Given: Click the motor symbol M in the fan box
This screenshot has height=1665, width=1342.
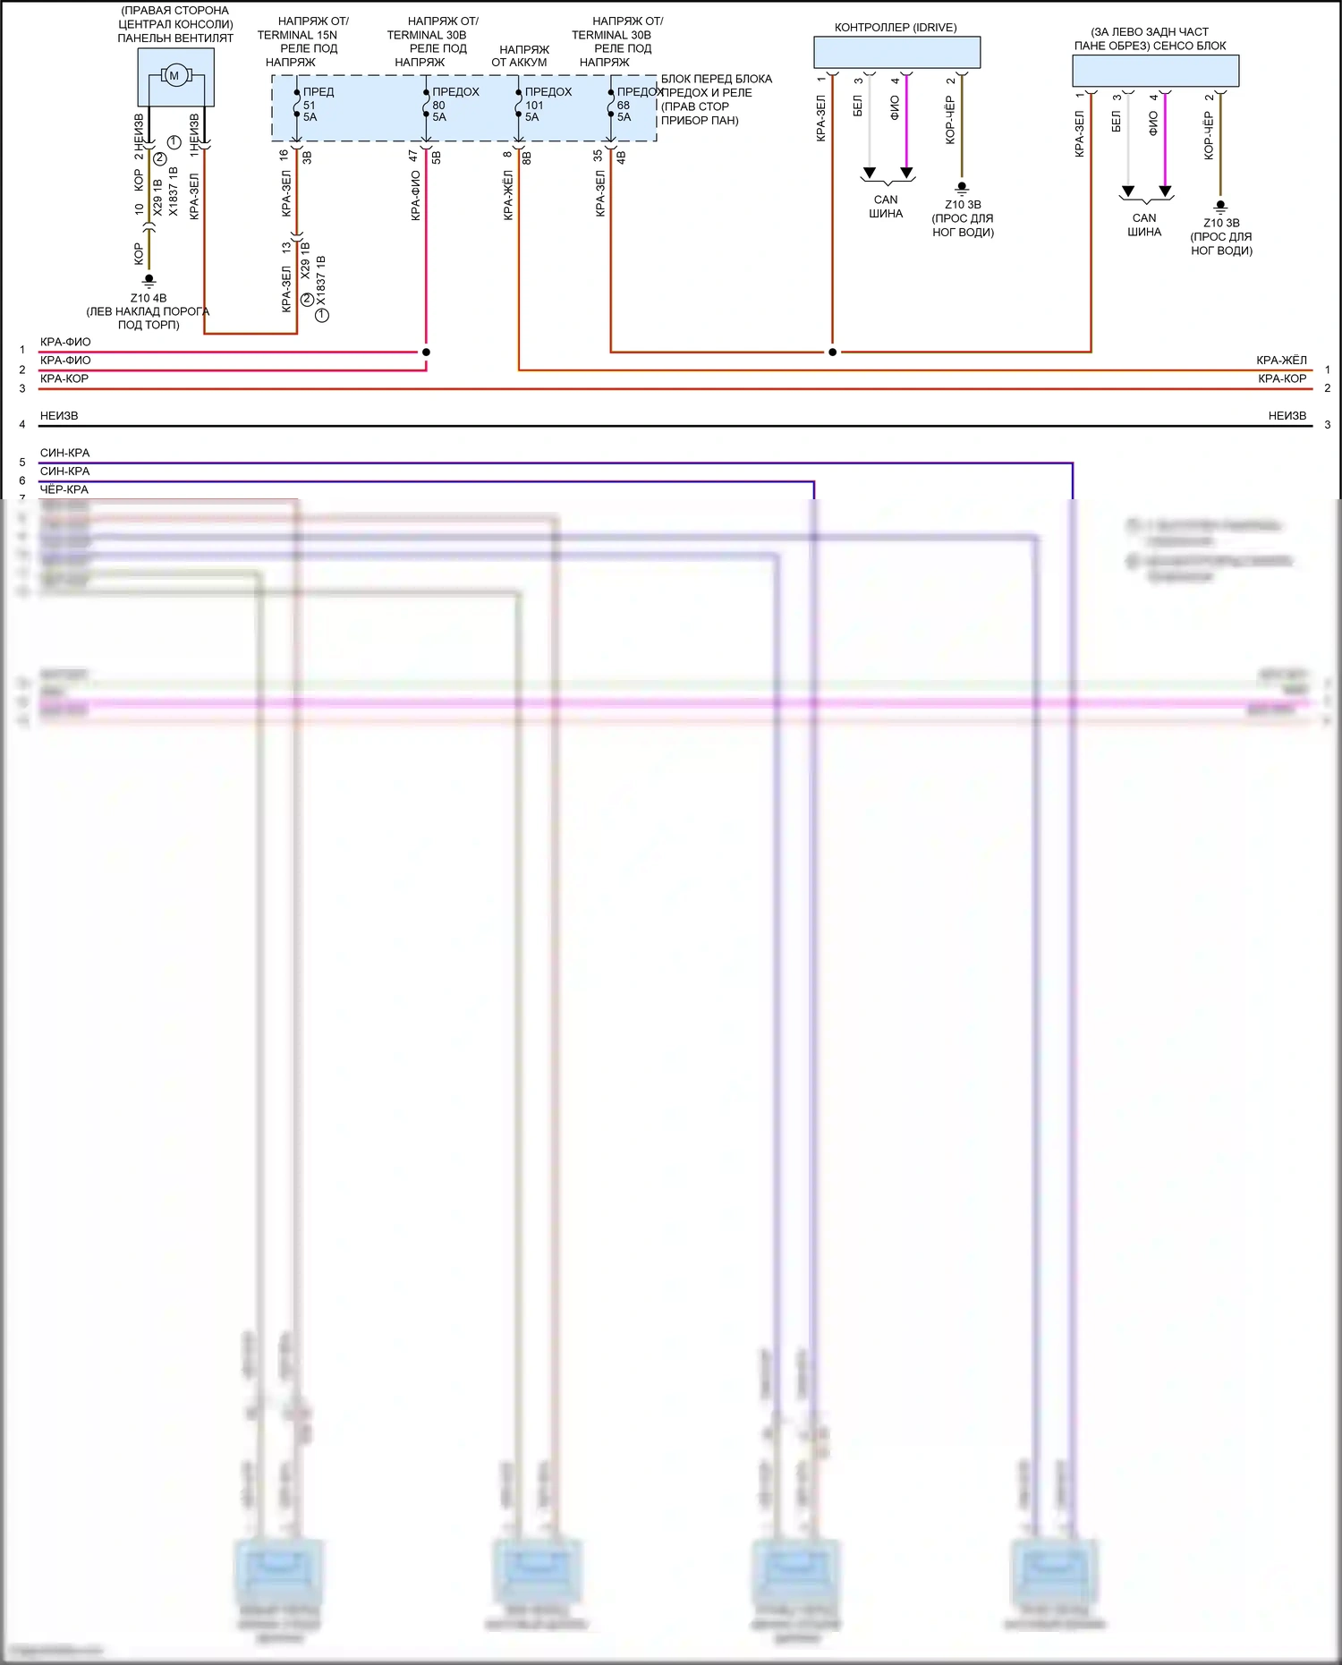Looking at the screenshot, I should [174, 76].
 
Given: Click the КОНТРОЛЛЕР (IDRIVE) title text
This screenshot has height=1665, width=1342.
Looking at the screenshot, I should [896, 28].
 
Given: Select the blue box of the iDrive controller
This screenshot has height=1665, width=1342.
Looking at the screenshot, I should [896, 52].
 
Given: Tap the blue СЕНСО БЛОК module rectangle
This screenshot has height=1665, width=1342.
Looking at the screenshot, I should [1155, 71].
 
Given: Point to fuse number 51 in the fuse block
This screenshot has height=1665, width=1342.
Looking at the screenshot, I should [309, 106].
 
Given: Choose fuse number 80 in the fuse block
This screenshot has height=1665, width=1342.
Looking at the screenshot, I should [438, 106].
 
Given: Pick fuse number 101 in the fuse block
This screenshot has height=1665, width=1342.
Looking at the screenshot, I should [534, 106].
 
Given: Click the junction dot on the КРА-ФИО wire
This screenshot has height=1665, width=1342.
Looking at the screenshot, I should [426, 352].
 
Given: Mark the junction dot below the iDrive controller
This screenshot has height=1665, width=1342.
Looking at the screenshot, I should [832, 352].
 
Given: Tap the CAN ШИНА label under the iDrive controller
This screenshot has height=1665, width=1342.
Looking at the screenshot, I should [886, 207].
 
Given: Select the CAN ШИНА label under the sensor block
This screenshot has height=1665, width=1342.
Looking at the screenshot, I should [1144, 225].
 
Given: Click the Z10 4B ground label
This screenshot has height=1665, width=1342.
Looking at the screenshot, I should [149, 298].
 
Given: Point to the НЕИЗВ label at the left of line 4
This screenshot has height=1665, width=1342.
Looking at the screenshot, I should [59, 416].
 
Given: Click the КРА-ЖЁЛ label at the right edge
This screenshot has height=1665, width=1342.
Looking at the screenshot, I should [1281, 361].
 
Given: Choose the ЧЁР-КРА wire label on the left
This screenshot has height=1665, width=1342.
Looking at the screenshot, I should [64, 489].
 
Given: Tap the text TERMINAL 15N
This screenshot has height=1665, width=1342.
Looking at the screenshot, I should [297, 35].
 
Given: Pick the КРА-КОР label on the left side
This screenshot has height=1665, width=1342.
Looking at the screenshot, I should [64, 378].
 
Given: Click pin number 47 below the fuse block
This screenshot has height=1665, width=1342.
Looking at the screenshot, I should [413, 155].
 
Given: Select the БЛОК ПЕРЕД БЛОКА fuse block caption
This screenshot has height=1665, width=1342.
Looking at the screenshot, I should [716, 79].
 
